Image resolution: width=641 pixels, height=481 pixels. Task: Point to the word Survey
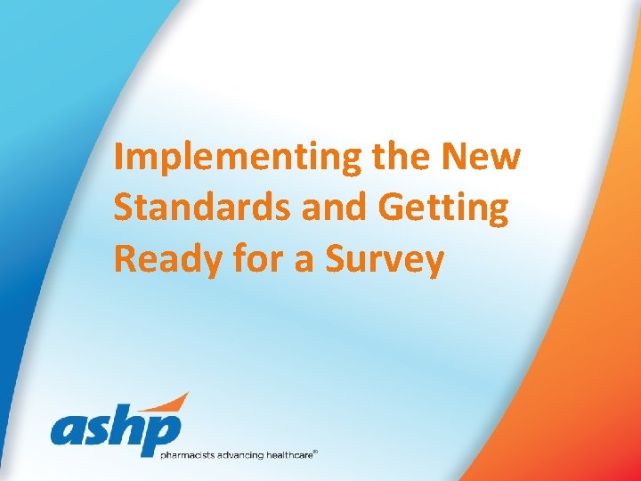pos(385,260)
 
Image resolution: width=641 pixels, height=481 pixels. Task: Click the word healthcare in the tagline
pos(286,455)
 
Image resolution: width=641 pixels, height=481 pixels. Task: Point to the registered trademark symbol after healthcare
pos(315,452)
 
